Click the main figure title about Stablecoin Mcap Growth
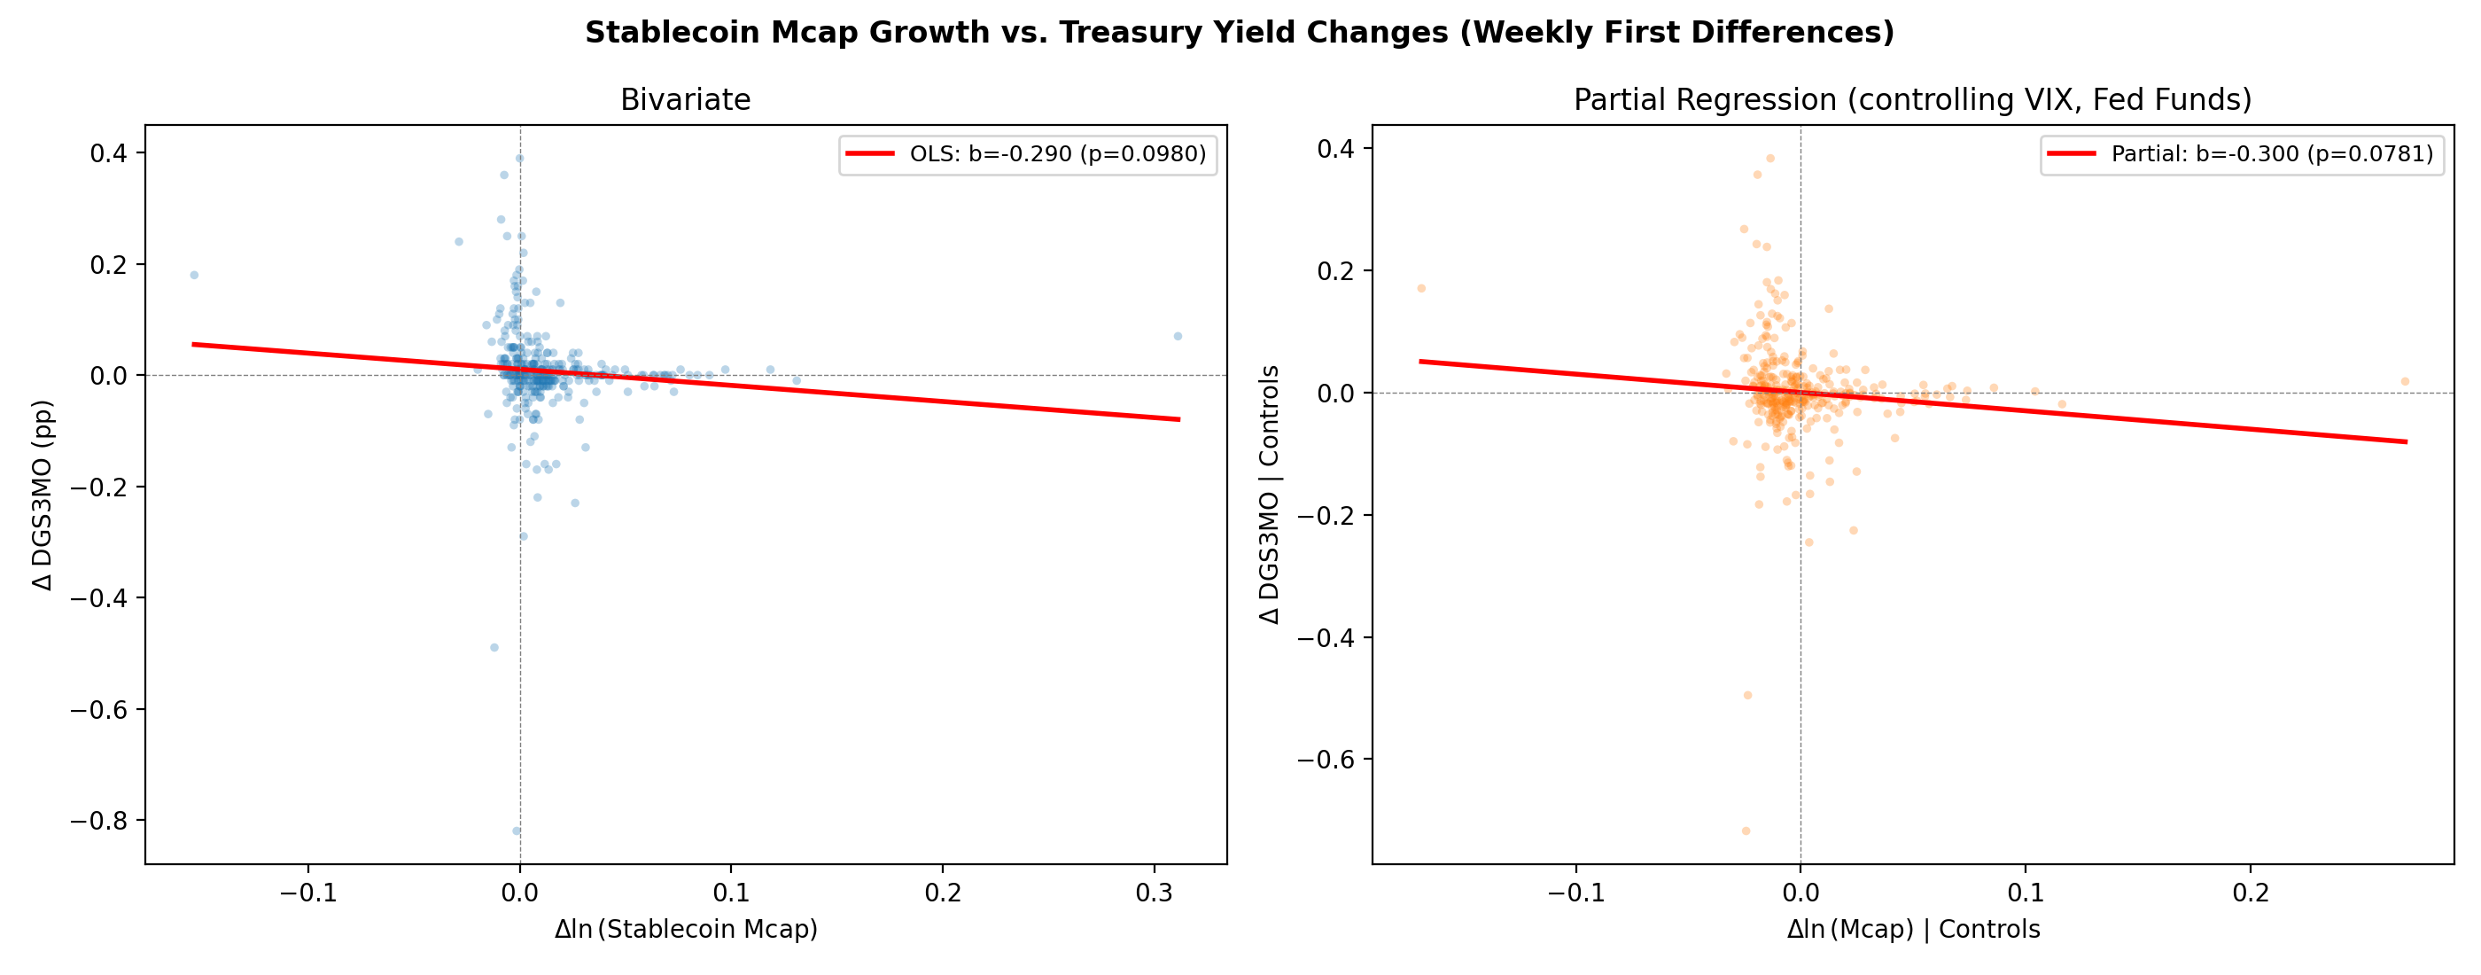(x=1240, y=33)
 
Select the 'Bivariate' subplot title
(x=685, y=100)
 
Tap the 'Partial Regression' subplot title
(x=1912, y=100)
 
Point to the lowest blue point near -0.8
(x=517, y=831)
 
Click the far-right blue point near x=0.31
(x=1177, y=336)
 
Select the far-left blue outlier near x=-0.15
(x=193, y=276)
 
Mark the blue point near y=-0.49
(x=494, y=647)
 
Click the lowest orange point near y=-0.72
(x=1746, y=831)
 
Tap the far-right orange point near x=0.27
(x=2405, y=381)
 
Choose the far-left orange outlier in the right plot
(x=1420, y=288)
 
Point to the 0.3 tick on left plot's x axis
(x=1154, y=893)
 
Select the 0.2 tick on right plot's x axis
(x=2251, y=893)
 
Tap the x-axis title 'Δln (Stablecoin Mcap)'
(x=685, y=930)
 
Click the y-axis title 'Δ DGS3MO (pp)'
(x=43, y=495)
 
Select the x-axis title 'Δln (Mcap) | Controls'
(x=1913, y=930)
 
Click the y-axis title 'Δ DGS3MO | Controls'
(x=1270, y=495)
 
